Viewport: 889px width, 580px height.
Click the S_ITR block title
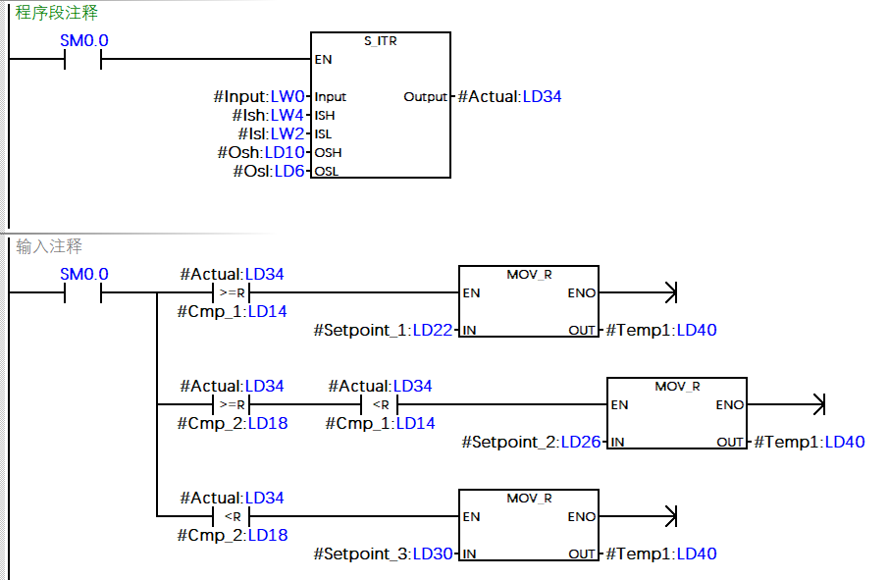[380, 41]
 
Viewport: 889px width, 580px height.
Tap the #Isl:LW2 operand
[272, 133]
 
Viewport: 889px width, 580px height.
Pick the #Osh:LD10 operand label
[261, 152]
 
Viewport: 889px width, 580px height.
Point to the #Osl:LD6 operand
[269, 171]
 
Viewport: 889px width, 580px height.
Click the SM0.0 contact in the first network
[83, 60]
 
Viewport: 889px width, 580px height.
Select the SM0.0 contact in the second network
[83, 292]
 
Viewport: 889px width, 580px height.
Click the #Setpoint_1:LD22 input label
[384, 330]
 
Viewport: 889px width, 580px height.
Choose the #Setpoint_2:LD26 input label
[531, 442]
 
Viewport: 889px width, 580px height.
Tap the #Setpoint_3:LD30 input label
[384, 554]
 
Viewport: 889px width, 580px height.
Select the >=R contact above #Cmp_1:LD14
[232, 292]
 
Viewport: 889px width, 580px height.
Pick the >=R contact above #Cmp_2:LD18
[232, 404]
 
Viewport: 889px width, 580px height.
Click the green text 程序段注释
[57, 14]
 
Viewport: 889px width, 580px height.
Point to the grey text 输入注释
[49, 246]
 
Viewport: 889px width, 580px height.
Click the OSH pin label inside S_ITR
[328, 152]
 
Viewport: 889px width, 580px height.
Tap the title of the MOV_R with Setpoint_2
[677, 387]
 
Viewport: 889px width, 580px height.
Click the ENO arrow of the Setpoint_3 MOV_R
[670, 516]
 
